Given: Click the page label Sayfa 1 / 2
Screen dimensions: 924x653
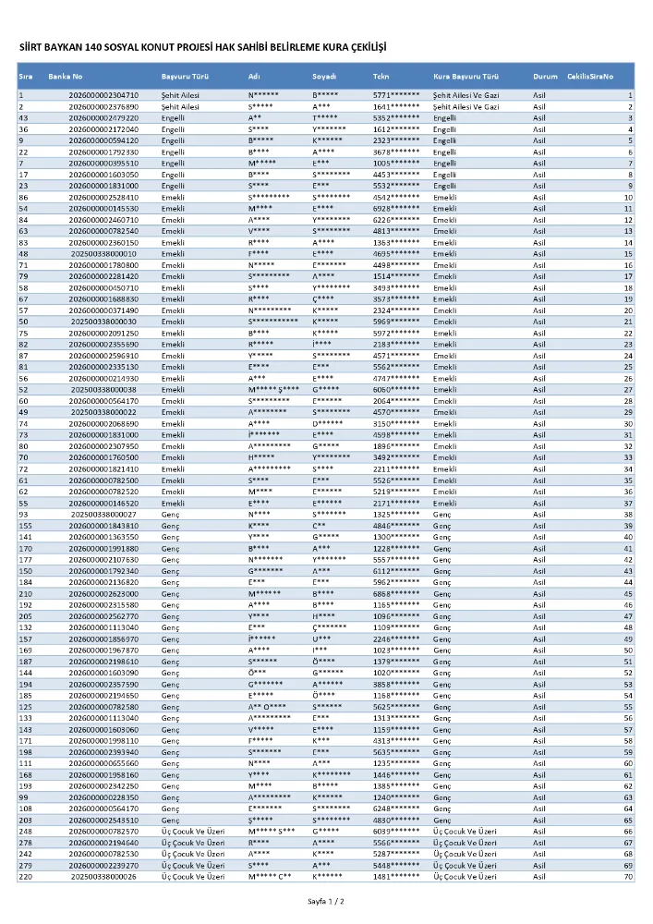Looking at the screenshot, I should coord(326,900).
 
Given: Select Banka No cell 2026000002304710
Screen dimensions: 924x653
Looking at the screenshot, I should coord(103,95).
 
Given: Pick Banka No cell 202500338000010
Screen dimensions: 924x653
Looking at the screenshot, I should coord(103,253).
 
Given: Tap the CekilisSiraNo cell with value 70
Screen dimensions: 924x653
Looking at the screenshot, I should coord(627,876).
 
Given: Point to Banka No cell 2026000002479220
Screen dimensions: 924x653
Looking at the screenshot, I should coord(103,118).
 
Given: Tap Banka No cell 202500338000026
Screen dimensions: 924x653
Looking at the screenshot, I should coord(103,876).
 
